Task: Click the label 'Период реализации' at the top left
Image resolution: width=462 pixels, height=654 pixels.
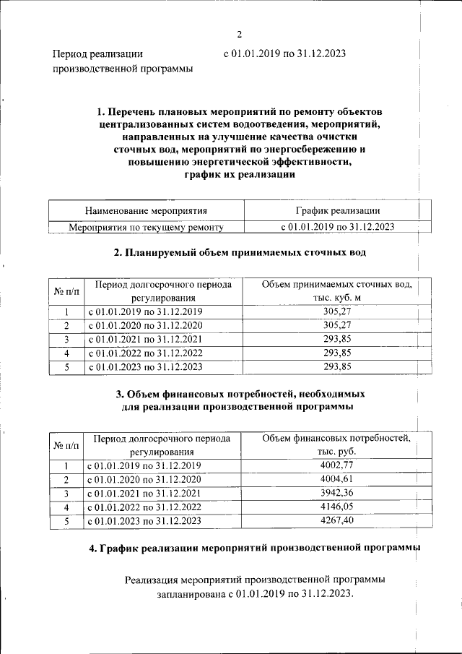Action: point(97,53)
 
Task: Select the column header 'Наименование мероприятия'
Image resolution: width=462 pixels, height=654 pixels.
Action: point(146,211)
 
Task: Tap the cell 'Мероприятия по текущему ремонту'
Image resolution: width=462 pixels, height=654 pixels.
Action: point(146,227)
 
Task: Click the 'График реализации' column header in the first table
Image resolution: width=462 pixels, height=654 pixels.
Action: point(338,211)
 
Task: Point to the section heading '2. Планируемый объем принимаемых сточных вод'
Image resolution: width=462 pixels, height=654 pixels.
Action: point(240,253)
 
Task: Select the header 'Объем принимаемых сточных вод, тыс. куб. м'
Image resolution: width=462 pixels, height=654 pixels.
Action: point(337,291)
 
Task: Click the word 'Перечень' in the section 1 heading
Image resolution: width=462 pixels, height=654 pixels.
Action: point(132,112)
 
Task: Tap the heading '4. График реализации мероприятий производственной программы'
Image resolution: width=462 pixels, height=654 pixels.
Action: point(254,549)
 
